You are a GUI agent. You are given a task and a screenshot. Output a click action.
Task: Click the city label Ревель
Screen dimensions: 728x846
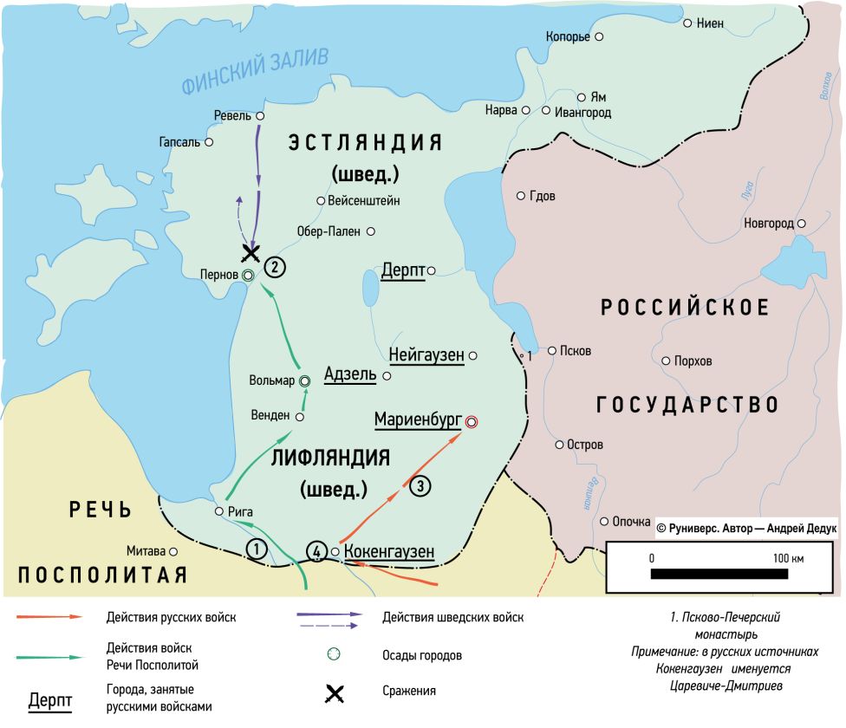click(x=231, y=115)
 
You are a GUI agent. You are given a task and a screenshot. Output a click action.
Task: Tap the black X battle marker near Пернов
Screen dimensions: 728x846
click(x=251, y=253)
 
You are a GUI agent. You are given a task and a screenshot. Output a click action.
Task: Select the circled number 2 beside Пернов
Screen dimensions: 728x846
click(x=274, y=267)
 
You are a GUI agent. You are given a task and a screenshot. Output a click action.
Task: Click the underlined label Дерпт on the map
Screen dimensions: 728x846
click(x=403, y=270)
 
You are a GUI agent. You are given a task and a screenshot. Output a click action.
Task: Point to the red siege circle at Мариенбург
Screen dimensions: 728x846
click(x=471, y=421)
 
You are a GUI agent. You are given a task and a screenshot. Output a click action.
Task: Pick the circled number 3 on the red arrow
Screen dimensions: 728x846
click(x=419, y=486)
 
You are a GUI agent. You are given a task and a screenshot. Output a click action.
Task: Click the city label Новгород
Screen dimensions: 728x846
click(x=768, y=224)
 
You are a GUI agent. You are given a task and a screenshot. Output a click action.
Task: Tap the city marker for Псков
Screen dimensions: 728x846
click(x=551, y=351)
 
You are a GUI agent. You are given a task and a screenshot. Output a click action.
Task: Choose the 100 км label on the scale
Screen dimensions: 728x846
click(x=786, y=558)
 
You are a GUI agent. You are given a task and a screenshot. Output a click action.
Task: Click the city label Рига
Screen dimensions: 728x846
click(x=239, y=511)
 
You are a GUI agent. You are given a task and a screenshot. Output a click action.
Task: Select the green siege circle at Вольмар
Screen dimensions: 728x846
click(x=304, y=380)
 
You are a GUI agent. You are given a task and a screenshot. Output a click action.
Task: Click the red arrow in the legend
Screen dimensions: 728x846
click(x=49, y=617)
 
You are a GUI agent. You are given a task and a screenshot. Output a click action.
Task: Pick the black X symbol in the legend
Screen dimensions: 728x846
click(x=334, y=692)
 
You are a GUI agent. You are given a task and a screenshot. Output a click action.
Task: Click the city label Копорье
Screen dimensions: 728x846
click(x=567, y=36)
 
